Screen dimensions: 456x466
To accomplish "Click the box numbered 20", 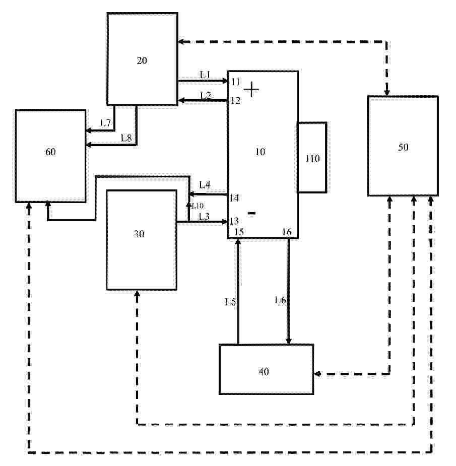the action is (143, 59).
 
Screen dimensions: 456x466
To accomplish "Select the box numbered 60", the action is (51, 156).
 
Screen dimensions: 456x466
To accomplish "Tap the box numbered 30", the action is (142, 240).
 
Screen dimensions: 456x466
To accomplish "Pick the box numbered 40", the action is (267, 369).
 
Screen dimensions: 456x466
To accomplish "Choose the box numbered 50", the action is (403, 146).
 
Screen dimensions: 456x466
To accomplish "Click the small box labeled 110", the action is (312, 157).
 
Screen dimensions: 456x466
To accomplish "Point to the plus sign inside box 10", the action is (251, 89).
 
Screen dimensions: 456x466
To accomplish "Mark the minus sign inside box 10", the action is (251, 213).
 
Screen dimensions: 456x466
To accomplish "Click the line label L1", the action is (205, 74).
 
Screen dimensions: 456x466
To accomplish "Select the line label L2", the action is (206, 95).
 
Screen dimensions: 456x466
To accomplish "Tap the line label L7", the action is (105, 123).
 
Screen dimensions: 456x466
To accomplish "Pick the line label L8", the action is (126, 138).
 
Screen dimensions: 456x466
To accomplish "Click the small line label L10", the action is (198, 206).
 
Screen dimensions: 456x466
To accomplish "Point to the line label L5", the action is (230, 302).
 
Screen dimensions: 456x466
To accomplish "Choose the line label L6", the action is (280, 300).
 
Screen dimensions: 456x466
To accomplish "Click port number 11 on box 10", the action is (235, 82).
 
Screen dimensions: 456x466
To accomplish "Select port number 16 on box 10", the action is (287, 232).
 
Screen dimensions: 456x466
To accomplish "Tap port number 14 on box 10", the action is (234, 197).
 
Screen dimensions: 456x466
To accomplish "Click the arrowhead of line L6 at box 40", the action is (288, 341).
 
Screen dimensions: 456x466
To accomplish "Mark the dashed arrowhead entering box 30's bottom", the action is (137, 294).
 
